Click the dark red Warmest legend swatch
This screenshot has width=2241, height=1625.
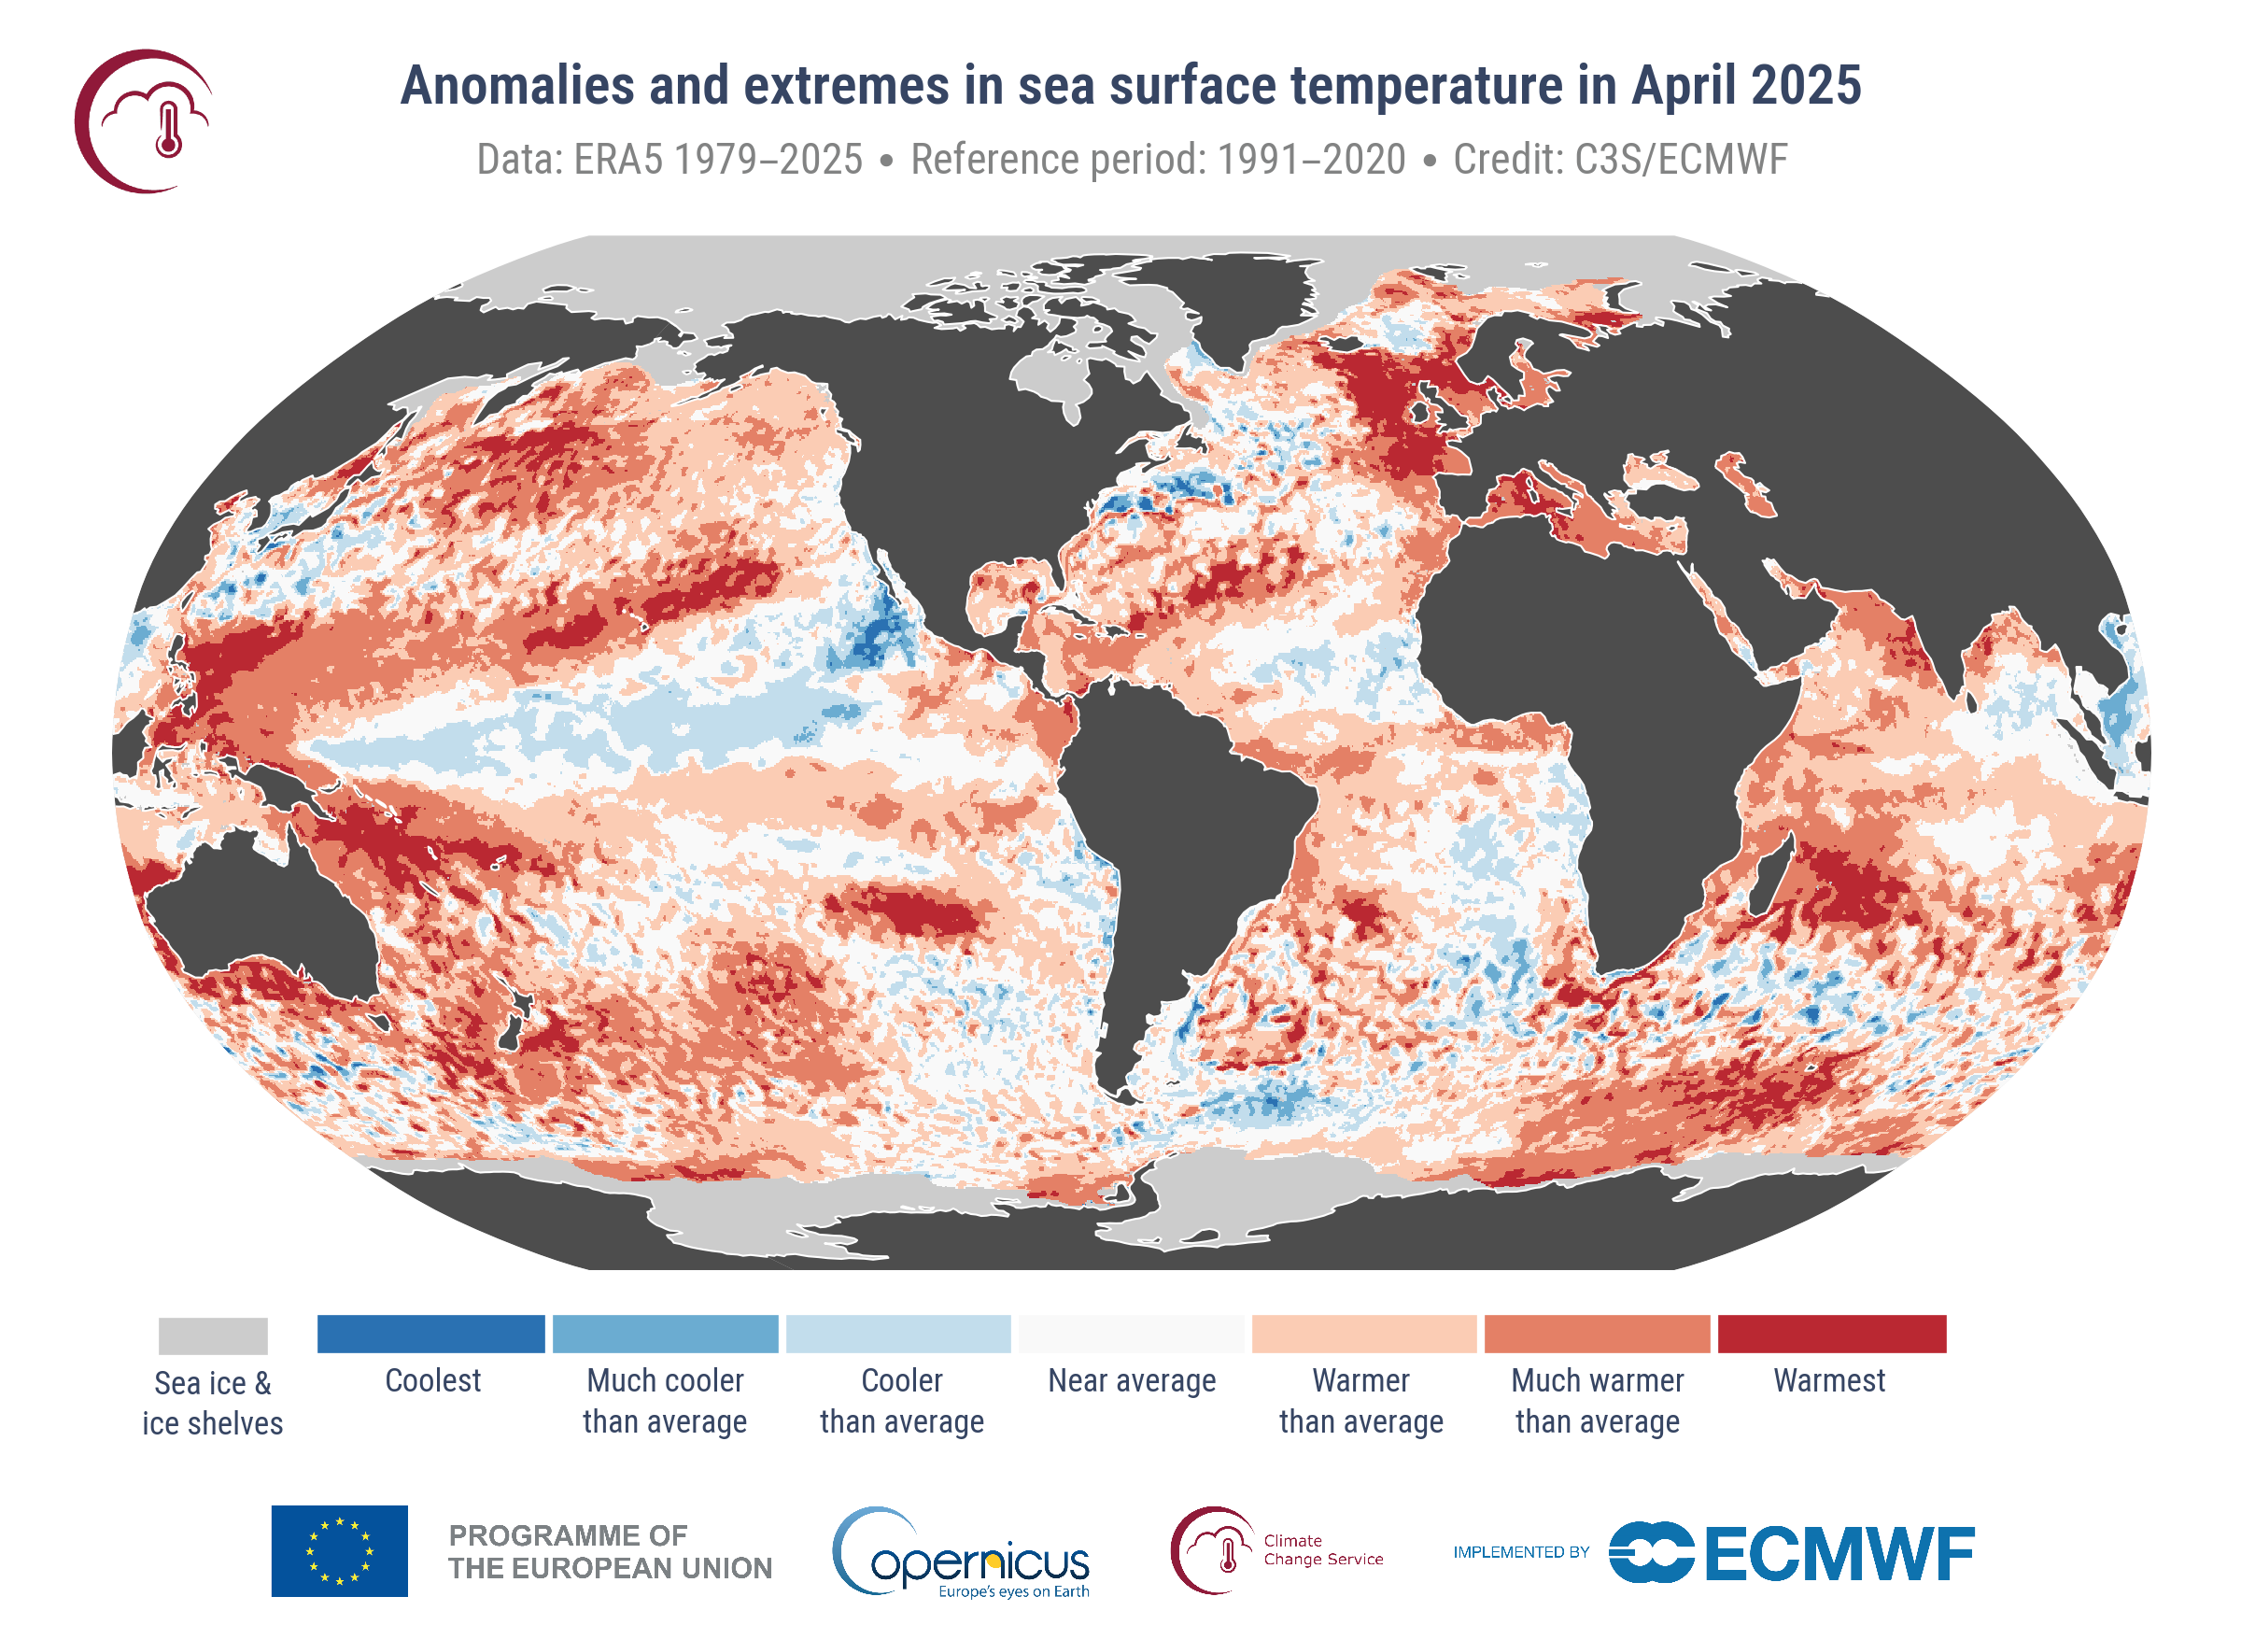pyautogui.click(x=1831, y=1334)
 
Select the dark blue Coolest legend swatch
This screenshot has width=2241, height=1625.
pyautogui.click(x=430, y=1334)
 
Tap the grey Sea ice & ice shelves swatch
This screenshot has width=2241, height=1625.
pyautogui.click(x=213, y=1335)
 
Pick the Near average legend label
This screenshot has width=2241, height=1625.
pyautogui.click(x=1132, y=1380)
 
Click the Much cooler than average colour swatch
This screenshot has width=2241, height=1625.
pyautogui.click(x=665, y=1334)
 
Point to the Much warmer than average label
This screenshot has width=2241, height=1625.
pyautogui.click(x=1597, y=1400)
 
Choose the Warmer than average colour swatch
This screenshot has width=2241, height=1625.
pyautogui.click(x=1363, y=1334)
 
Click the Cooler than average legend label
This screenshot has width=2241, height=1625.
pyautogui.click(x=901, y=1400)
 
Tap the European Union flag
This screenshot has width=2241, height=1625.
pyautogui.click(x=339, y=1550)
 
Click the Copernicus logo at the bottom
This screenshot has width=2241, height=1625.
pyautogui.click(x=964, y=1552)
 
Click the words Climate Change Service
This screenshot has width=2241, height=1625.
pyautogui.click(x=1322, y=1549)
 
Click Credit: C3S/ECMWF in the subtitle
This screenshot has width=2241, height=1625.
pyautogui.click(x=1619, y=159)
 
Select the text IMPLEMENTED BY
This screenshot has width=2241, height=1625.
pyautogui.click(x=1521, y=1552)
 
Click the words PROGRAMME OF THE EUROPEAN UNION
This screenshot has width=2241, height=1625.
pyautogui.click(x=610, y=1551)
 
